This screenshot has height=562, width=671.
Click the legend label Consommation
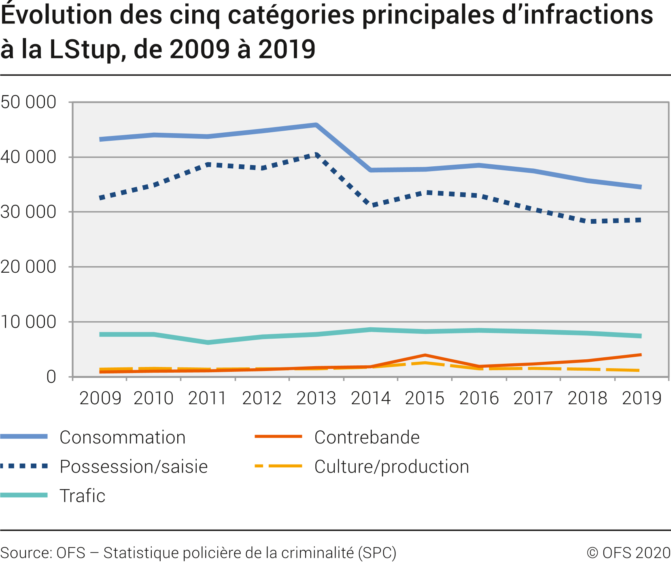click(122, 437)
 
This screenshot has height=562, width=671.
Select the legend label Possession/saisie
click(134, 467)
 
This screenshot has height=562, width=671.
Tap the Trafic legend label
click(83, 496)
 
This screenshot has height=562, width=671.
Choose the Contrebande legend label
click(367, 437)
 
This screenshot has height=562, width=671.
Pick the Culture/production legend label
click(392, 467)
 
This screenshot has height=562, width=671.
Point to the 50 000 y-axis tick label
click(28, 102)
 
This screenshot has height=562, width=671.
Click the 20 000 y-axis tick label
click(28, 267)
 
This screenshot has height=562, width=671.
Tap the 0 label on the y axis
click(51, 377)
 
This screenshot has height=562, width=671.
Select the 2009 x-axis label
click(100, 398)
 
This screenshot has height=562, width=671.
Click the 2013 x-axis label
click(316, 398)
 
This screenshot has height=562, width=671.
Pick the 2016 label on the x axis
click(479, 398)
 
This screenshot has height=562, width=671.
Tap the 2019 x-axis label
click(642, 398)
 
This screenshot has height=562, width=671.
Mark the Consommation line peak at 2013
click(316, 125)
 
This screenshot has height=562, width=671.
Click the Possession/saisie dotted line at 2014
click(371, 205)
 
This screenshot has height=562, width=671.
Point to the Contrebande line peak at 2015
click(425, 355)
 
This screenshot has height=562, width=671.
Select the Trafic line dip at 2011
click(208, 342)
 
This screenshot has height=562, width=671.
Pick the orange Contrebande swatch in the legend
click(278, 437)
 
